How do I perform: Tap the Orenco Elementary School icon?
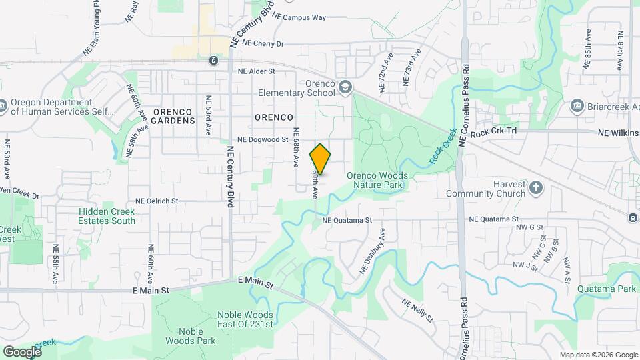(345, 87)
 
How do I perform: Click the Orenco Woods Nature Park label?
(377, 179)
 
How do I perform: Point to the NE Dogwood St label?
(263, 141)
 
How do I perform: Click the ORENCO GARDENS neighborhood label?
(173, 116)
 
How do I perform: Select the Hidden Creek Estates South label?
(107, 216)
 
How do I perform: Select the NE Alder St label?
(257, 70)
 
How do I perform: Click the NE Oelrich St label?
(157, 201)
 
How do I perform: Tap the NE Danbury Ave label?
(373, 251)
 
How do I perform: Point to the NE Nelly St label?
(418, 309)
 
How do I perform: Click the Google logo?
(22, 351)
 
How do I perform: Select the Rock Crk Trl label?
(493, 133)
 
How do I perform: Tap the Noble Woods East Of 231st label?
(245, 319)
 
